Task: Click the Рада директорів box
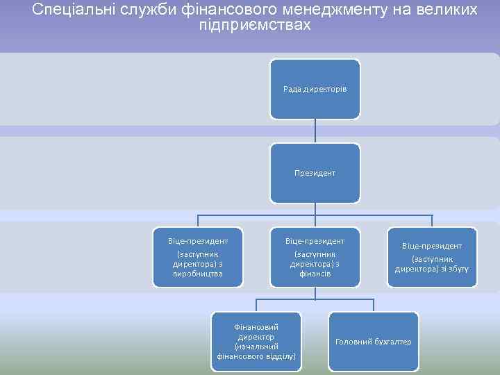(315, 89)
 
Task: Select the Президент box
(315, 173)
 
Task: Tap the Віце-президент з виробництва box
(198, 257)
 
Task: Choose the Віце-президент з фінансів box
(315, 257)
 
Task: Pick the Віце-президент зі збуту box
(432, 257)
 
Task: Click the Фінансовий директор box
(256, 341)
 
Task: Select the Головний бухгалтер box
(373, 341)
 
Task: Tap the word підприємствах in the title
(254, 26)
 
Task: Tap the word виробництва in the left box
(198, 274)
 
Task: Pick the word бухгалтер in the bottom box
(392, 342)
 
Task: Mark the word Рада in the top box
(292, 90)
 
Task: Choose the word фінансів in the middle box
(315, 274)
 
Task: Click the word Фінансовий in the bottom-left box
(256, 326)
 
